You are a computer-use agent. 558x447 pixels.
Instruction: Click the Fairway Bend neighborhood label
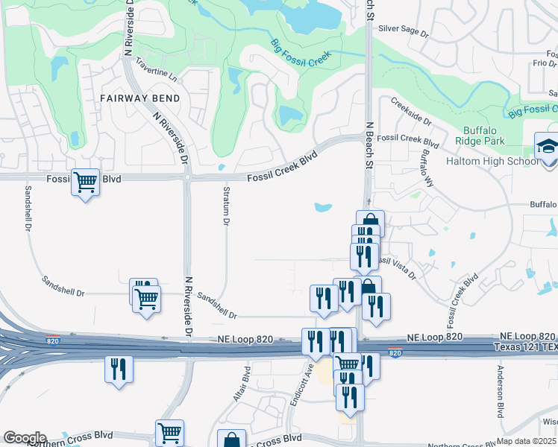139,98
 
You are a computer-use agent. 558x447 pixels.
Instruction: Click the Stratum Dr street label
227,208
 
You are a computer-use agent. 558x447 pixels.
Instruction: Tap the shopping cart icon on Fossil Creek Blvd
85,180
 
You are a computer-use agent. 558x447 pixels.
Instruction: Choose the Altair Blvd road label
240,383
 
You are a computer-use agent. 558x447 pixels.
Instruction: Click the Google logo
25,438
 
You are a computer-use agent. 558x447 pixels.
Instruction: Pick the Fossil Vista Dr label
396,265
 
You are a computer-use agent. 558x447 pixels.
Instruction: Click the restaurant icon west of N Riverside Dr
119,370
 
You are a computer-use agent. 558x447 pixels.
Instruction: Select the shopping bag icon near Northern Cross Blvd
231,440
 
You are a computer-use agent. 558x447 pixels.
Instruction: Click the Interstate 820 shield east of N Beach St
395,352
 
